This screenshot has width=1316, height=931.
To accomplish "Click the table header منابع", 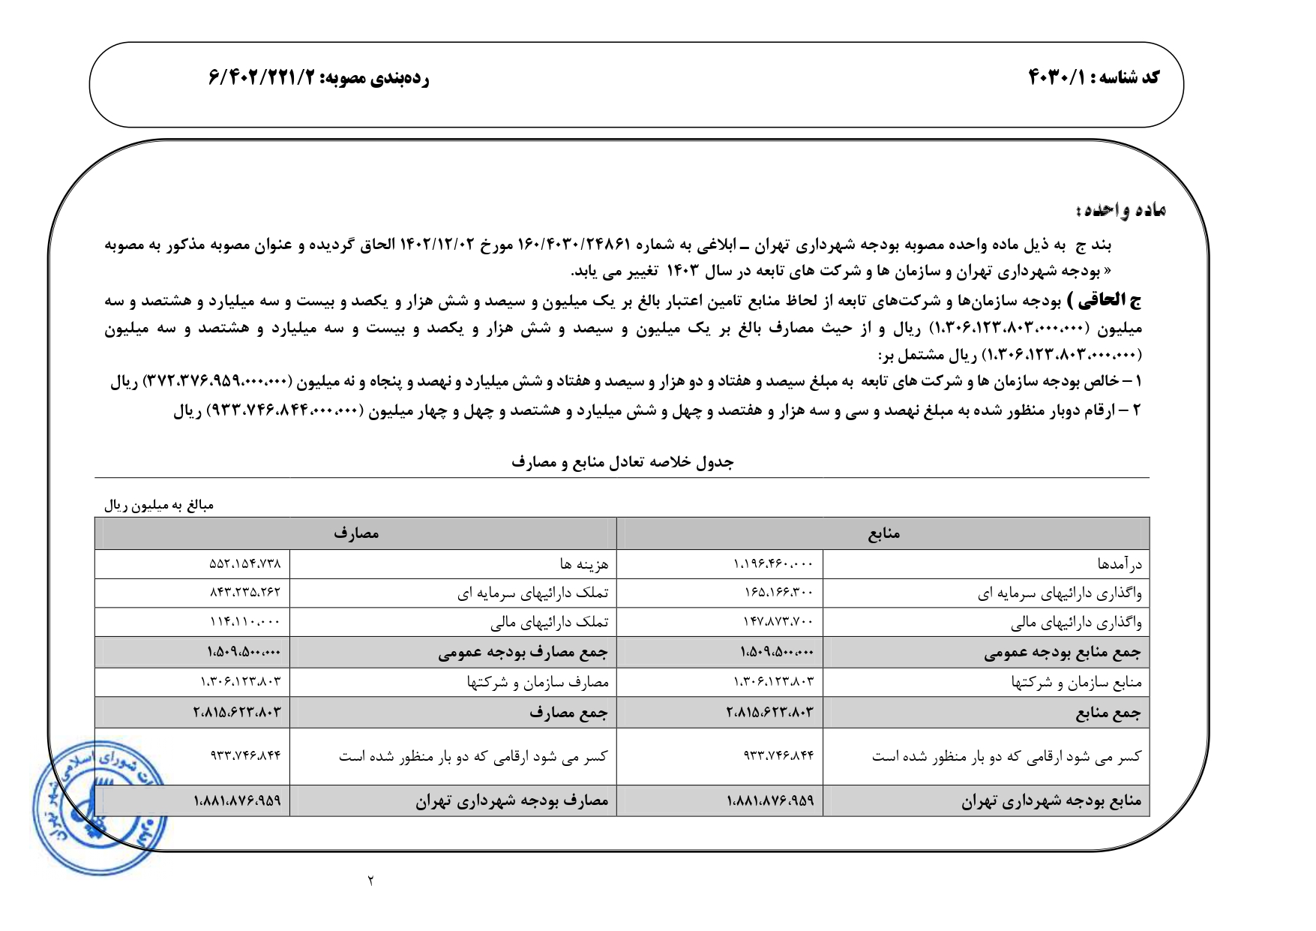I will click(x=883, y=534).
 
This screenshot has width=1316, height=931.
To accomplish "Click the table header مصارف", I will click(x=356, y=534).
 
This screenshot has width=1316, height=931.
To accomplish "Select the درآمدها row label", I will click(x=1120, y=564).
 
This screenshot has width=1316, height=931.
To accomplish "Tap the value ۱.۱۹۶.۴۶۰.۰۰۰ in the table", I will click(x=772, y=564).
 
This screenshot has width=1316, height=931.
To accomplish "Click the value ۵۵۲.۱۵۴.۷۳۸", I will click(x=244, y=564).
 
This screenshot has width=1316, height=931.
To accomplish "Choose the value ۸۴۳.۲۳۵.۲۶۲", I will click(x=244, y=593).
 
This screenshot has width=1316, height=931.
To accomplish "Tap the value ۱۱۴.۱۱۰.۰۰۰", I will click(x=244, y=622).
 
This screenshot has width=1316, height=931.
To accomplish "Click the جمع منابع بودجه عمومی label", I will click(x=1062, y=653).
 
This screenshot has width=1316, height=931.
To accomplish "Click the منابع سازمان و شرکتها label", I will click(x=1076, y=683).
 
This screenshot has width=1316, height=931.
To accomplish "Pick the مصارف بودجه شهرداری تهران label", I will click(x=512, y=801).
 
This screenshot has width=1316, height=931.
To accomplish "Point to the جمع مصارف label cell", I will click(x=568, y=713).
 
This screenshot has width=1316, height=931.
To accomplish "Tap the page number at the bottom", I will click(x=370, y=880).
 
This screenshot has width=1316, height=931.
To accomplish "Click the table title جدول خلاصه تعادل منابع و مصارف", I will click(x=622, y=462).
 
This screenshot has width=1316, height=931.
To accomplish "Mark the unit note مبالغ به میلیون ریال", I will click(x=159, y=506).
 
